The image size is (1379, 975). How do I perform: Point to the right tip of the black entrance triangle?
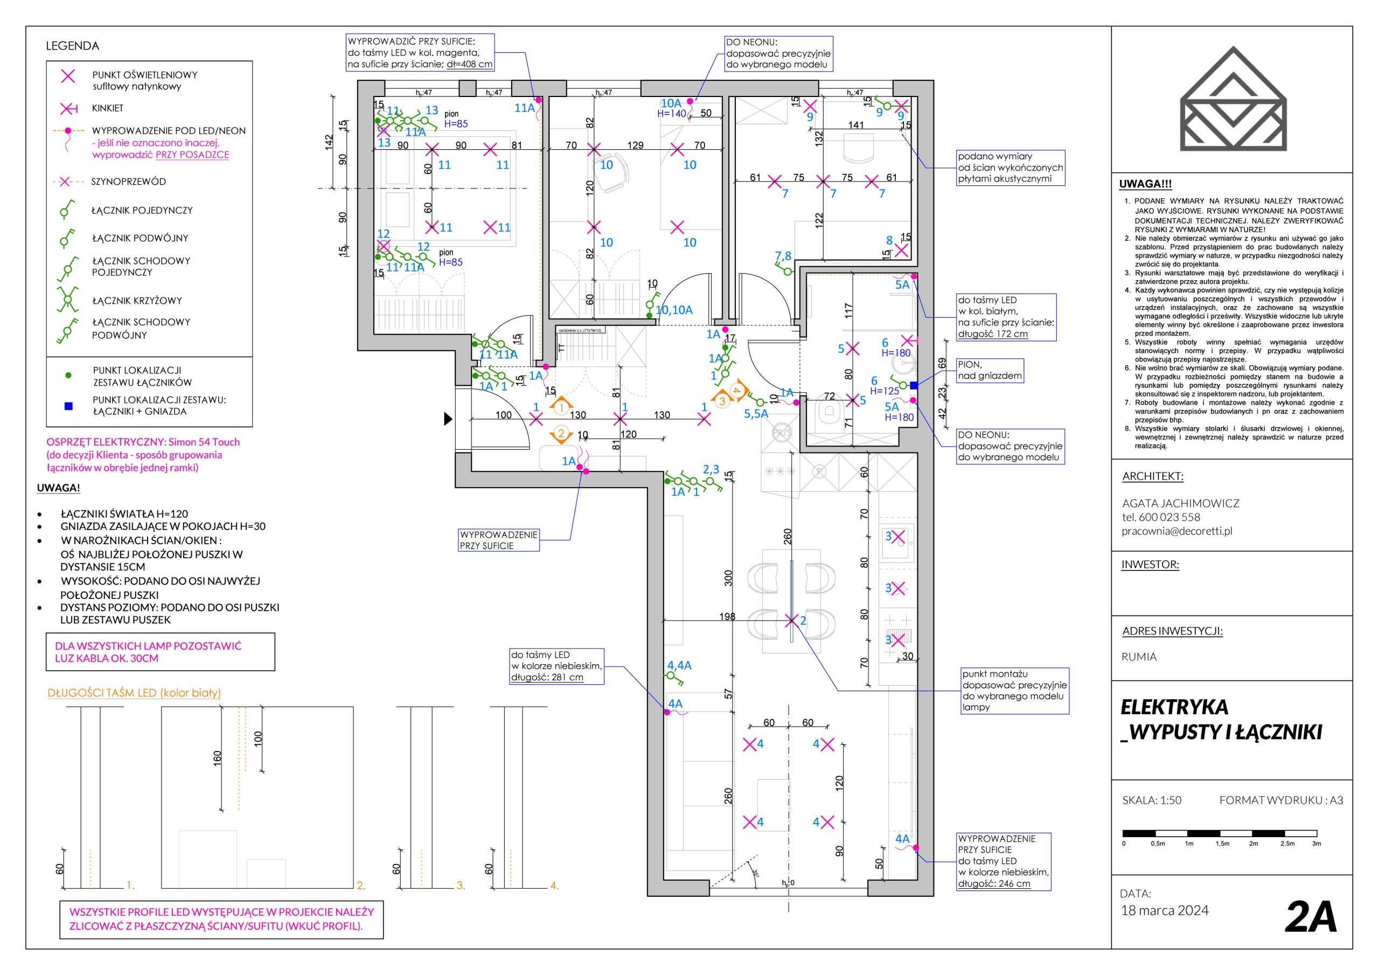(452, 419)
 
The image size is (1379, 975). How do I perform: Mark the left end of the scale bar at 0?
(1123, 833)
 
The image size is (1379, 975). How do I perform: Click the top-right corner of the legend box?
(252, 61)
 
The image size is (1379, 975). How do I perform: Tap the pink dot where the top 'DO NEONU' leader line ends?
(690, 101)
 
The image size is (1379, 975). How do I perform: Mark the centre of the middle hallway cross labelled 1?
(620, 419)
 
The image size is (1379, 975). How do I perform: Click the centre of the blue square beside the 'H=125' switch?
(914, 386)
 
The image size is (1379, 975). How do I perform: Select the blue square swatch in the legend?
(68, 406)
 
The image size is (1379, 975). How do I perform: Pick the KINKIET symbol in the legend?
(69, 109)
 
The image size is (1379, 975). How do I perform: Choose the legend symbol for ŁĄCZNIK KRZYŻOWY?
(68, 298)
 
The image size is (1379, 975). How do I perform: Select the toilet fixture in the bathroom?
(830, 412)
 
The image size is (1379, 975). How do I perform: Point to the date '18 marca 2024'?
(1165, 910)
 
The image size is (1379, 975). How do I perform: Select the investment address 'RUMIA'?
(1139, 657)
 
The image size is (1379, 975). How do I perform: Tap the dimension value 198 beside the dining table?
(727, 616)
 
